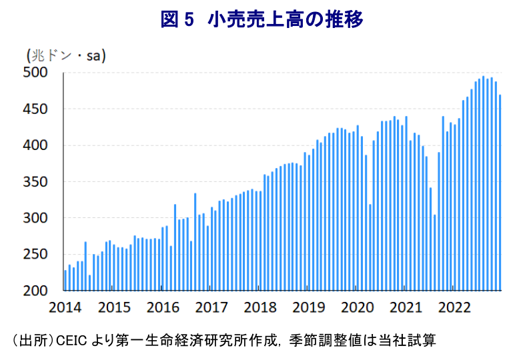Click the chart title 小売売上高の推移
point(286,20)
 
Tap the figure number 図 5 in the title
point(177,20)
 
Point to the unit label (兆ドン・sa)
point(66,55)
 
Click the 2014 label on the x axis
point(65,307)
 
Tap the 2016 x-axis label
point(163,307)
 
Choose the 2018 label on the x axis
point(260,307)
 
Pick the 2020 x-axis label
point(358,307)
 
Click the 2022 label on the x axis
point(456,307)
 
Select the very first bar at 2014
point(65,281)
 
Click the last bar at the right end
point(500,193)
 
